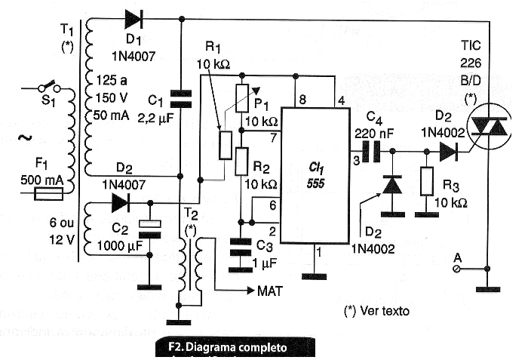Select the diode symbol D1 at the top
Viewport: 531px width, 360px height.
(x=135, y=19)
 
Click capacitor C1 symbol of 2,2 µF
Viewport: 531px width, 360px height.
(x=182, y=97)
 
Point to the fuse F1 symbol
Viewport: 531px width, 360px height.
(x=52, y=195)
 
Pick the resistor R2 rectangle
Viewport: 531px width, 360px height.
(x=241, y=162)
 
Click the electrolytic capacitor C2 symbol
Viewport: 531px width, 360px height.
(x=151, y=226)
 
